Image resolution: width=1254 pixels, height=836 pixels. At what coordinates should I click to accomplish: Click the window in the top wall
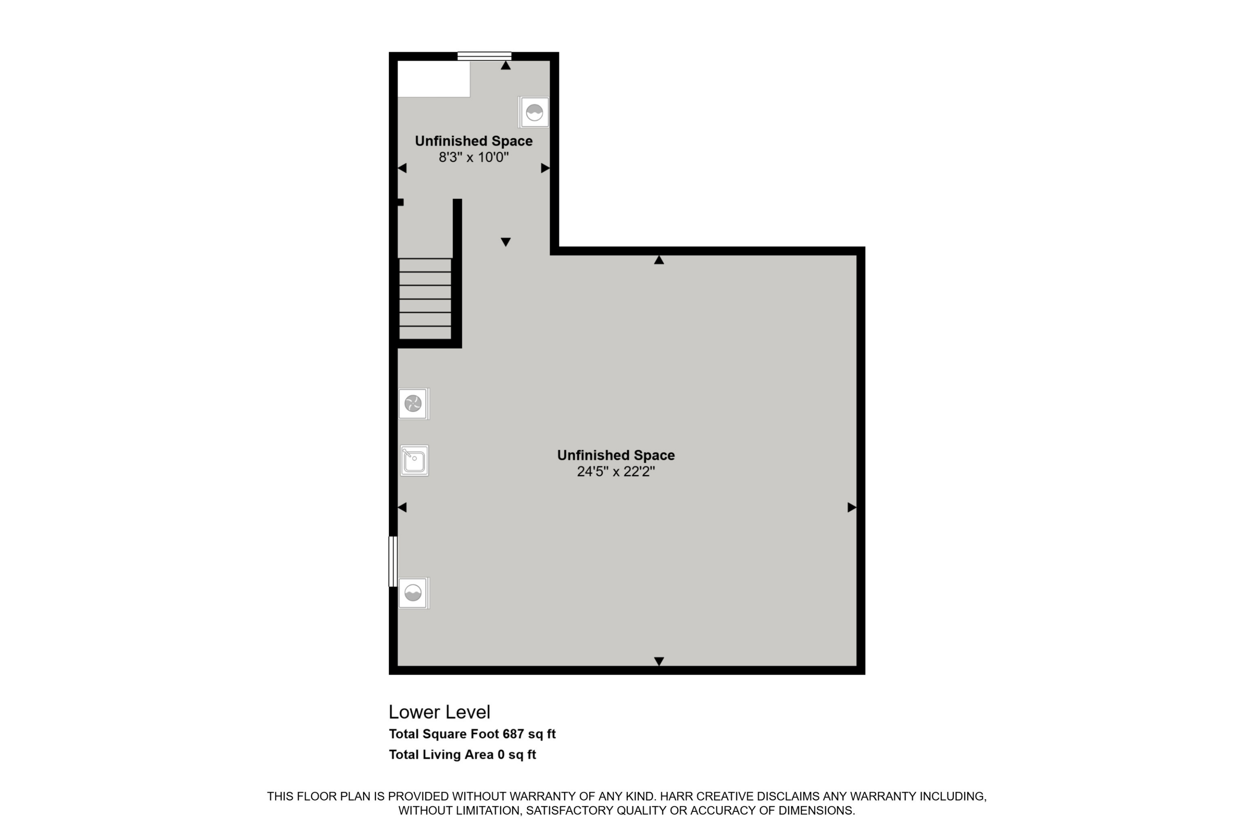[484, 56]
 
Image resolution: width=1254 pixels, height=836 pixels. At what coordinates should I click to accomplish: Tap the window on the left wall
[393, 561]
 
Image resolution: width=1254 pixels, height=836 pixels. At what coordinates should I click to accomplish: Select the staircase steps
[425, 298]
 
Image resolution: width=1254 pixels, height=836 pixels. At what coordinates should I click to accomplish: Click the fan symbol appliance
[413, 404]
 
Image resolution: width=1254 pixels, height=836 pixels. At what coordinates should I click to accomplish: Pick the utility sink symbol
[414, 460]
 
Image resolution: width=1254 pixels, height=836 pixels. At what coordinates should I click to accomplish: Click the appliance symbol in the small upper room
[534, 112]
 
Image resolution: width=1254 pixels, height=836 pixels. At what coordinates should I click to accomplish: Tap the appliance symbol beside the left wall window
[414, 593]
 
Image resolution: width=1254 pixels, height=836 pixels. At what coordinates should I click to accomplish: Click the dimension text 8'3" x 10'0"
[474, 157]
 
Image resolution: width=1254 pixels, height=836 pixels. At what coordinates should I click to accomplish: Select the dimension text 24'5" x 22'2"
[616, 472]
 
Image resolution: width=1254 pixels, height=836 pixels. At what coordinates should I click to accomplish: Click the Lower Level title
[439, 712]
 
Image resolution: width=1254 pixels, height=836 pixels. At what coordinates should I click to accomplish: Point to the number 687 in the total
[513, 734]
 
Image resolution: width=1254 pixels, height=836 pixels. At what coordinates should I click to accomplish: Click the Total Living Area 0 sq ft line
[462, 754]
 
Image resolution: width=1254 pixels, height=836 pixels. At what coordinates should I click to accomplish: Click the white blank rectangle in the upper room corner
[434, 79]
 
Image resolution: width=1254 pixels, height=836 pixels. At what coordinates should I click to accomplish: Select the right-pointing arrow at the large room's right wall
[852, 507]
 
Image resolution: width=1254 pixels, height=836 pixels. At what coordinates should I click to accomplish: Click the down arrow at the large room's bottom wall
[659, 661]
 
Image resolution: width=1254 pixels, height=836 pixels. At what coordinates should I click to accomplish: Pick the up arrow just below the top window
[506, 66]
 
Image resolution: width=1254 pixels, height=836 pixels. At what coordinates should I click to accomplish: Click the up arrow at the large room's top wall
[659, 260]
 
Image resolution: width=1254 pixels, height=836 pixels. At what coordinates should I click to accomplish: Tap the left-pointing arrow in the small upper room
[402, 168]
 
